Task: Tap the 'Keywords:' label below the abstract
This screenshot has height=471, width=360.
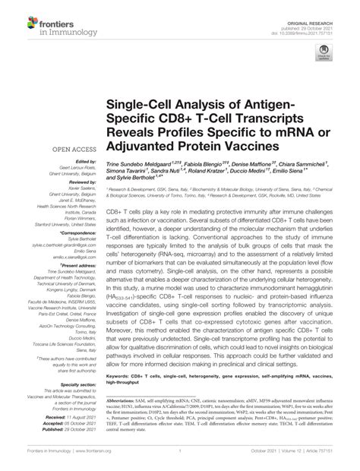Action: (x=118, y=375)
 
